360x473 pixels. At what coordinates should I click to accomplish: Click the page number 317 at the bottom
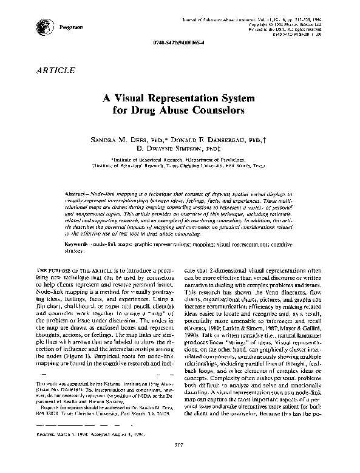coord(180,463)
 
